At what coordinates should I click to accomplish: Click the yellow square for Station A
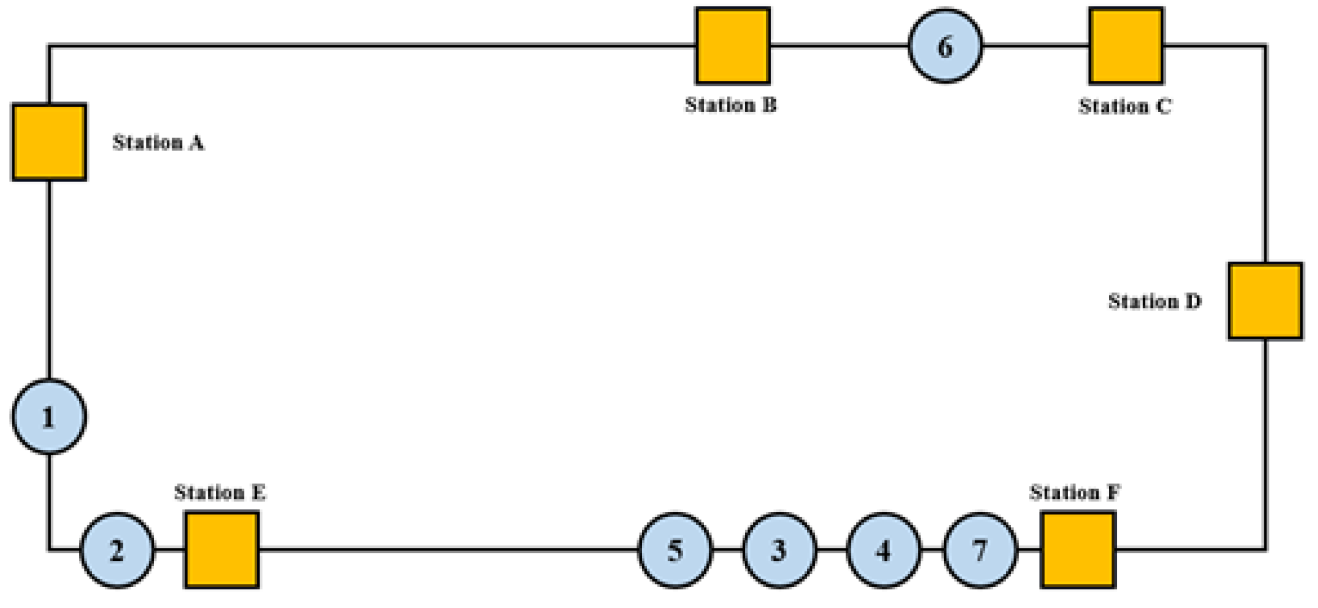click(49, 142)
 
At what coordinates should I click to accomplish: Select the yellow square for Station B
click(733, 45)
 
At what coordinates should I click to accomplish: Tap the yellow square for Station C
click(1126, 45)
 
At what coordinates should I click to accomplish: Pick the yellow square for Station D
click(1265, 301)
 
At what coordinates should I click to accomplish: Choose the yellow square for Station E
click(222, 550)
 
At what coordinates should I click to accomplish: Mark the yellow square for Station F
click(1078, 550)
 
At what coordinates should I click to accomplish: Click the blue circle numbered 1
click(49, 417)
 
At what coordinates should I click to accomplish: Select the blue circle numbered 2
click(117, 550)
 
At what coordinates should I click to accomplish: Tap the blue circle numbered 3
click(779, 550)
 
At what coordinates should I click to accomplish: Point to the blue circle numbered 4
click(883, 550)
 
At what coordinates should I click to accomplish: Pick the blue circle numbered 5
click(676, 550)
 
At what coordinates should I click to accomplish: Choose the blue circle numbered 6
click(945, 46)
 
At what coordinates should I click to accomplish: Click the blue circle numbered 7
click(980, 550)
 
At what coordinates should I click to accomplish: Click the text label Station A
click(158, 143)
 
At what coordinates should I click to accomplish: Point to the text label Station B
click(730, 105)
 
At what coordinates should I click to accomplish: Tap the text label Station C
click(1124, 107)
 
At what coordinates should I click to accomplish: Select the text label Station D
click(1154, 301)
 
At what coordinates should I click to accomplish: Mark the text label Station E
click(219, 492)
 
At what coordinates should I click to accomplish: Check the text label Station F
click(1074, 492)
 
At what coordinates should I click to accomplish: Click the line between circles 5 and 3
click(727, 550)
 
